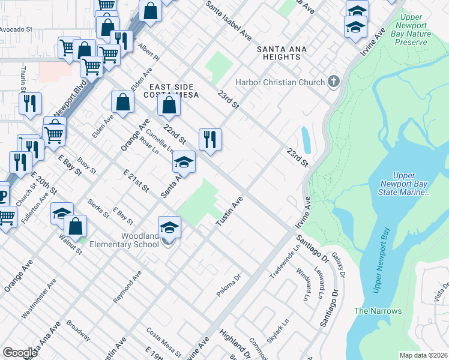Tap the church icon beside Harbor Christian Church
pos(334,82)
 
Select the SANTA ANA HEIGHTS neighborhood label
pos(279,53)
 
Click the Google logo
pos(20,352)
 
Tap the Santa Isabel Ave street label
pos(229,20)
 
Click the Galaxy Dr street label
pos(337,265)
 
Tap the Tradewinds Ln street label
pos(284,260)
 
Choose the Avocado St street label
pos(16,29)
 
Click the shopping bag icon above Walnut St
pos(76,227)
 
